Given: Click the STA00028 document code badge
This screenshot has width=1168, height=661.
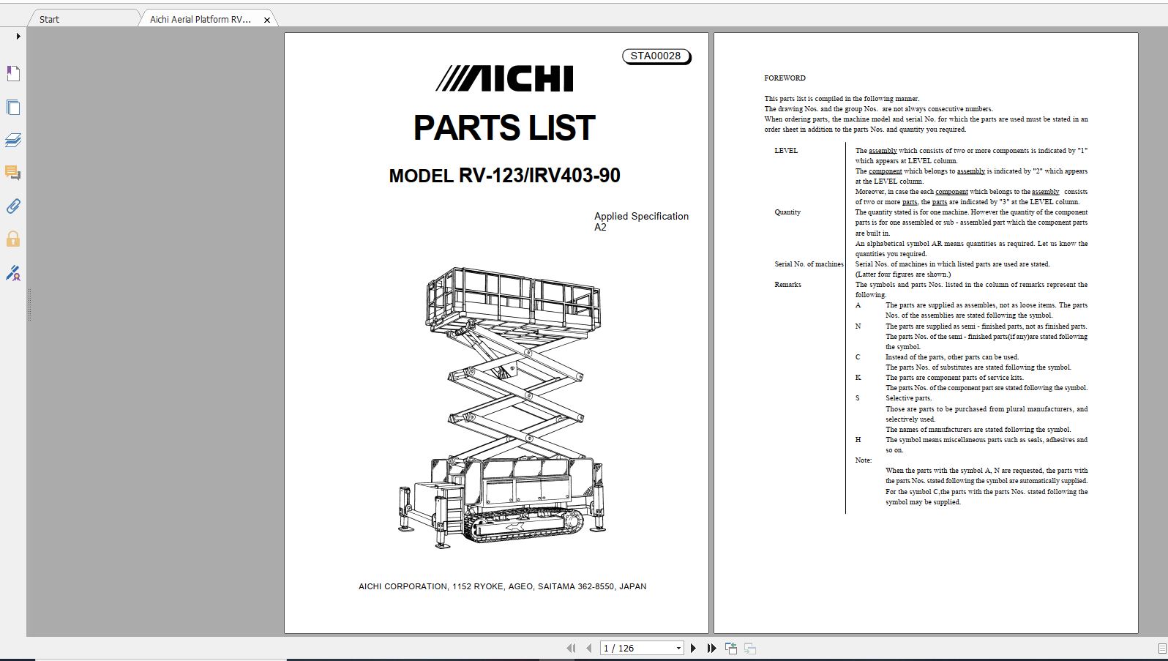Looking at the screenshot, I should pos(656,56).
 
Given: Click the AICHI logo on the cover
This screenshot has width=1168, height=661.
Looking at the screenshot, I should pos(505,79).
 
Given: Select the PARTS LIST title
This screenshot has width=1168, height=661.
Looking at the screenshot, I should pos(504,128).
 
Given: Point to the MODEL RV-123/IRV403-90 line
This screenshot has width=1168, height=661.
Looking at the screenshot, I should pos(504,176).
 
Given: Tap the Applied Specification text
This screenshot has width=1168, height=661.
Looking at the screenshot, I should pos(641,217).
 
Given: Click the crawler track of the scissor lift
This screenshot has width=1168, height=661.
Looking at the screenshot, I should pos(523,525).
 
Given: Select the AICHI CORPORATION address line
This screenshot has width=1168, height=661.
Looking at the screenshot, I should pos(502,586).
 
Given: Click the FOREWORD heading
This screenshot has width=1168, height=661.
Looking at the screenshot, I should pos(785,78).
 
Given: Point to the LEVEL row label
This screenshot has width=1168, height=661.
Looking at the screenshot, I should pos(786,151).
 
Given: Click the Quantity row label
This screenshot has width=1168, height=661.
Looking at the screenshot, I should pos(787,212).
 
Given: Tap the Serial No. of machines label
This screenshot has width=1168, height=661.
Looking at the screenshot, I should pos(809,264).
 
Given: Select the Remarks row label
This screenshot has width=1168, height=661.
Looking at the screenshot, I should pos(787,285).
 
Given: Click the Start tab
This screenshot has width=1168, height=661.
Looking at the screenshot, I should pos(50,20).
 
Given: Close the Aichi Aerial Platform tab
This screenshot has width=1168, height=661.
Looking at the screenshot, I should pos(267,20).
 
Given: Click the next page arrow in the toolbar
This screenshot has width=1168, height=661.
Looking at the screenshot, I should pos(693,648).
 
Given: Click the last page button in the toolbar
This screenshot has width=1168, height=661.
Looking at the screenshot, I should pos(711,648).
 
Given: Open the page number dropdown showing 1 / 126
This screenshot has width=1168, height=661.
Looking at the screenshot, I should pos(678,648).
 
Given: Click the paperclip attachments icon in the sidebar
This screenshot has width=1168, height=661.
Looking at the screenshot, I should pos(13,206).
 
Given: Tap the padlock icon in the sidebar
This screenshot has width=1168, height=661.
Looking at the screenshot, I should pos(13,239).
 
